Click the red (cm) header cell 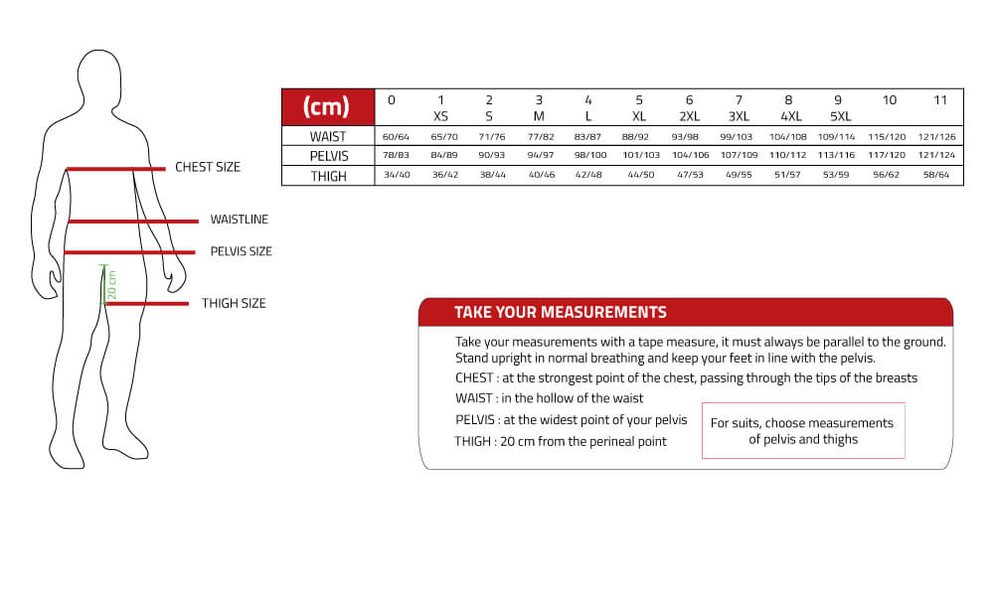click(x=327, y=106)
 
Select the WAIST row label click(x=327, y=136)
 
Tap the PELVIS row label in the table click(x=327, y=156)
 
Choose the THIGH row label click(x=327, y=176)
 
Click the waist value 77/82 click(x=538, y=136)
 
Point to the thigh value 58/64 click(x=937, y=176)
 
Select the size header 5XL click(x=841, y=116)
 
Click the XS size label click(x=441, y=116)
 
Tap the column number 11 click(x=937, y=100)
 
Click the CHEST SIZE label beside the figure click(x=208, y=167)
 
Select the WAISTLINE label click(x=239, y=220)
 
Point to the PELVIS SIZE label click(x=241, y=251)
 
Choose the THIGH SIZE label click(x=234, y=303)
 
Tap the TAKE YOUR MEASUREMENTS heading click(x=560, y=312)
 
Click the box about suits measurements click(x=802, y=430)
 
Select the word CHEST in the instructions click(x=474, y=377)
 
